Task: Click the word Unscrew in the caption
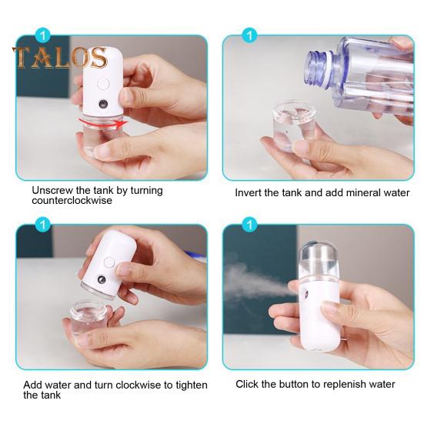coord(53,190)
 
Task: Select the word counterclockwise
coord(72,201)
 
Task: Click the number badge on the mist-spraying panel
coord(249,225)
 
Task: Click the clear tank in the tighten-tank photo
coord(92,315)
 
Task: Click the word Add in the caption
coord(32,384)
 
